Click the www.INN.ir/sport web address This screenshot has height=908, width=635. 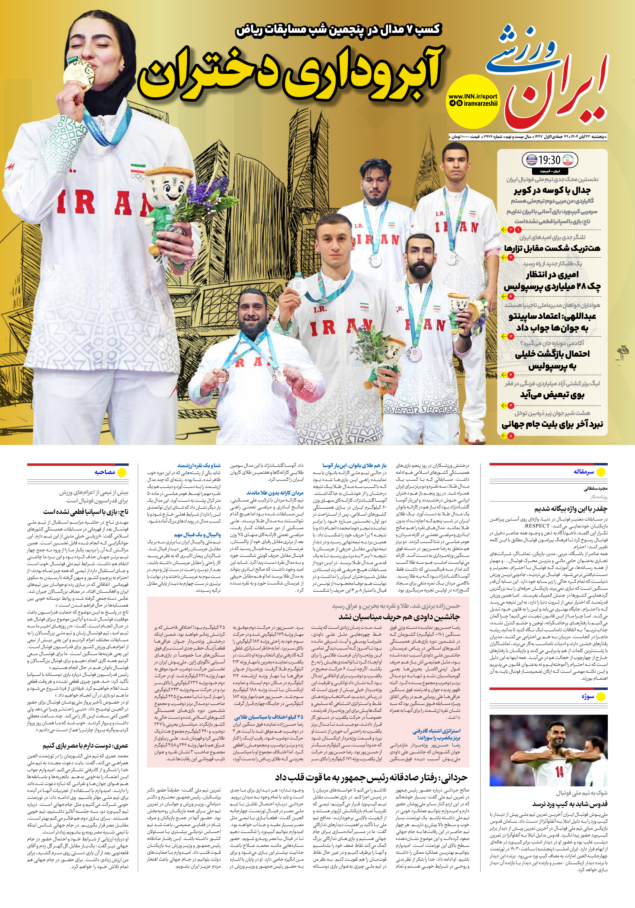pos(473,96)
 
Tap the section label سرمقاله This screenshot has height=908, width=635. pos(584,472)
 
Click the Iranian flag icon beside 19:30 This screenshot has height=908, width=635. pos(567,160)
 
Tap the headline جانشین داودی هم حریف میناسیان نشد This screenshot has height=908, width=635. pos(399,617)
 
